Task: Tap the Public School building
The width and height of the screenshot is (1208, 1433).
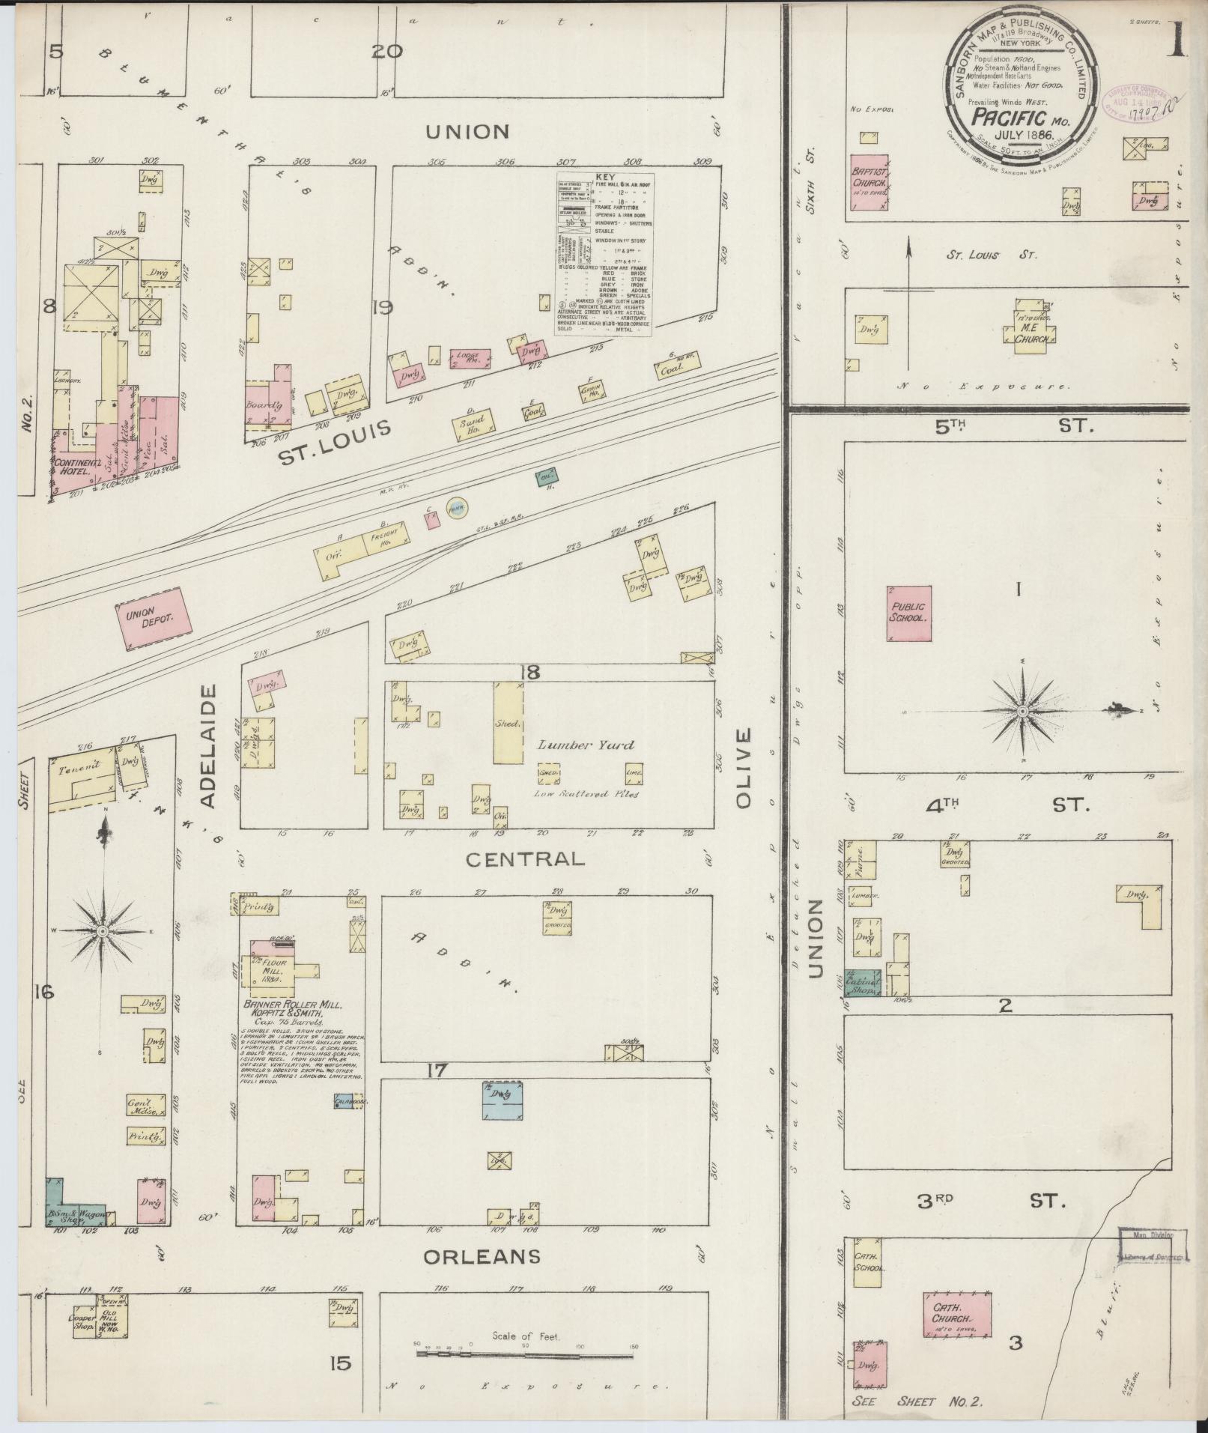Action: pos(908,613)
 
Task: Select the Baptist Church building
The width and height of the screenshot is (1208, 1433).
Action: pos(869,182)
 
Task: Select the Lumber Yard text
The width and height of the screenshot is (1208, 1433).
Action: pos(586,745)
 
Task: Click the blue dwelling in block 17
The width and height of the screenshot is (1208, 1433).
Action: pos(501,1101)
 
